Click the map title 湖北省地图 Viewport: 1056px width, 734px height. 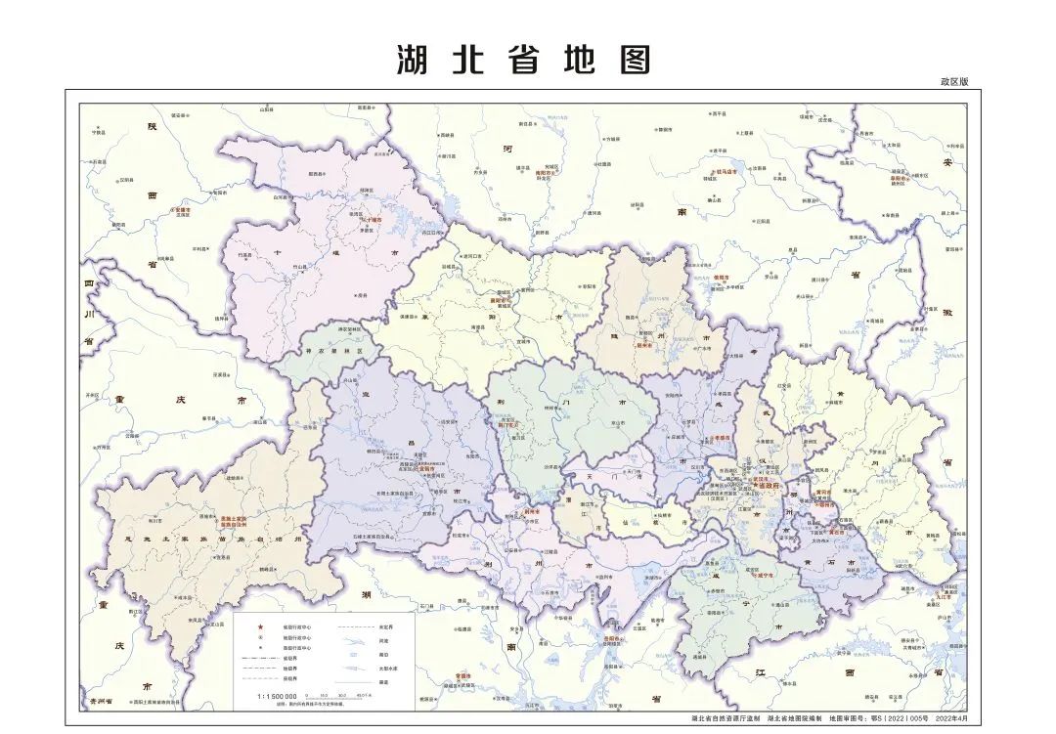coord(524,61)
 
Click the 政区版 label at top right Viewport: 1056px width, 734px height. coord(953,82)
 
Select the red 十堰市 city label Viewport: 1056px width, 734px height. coord(373,221)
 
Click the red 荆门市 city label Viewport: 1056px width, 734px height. coord(508,426)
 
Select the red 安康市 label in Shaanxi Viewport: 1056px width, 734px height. coord(181,209)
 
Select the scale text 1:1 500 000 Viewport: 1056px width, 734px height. coord(278,697)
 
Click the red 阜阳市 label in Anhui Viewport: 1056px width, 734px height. coord(899,178)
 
